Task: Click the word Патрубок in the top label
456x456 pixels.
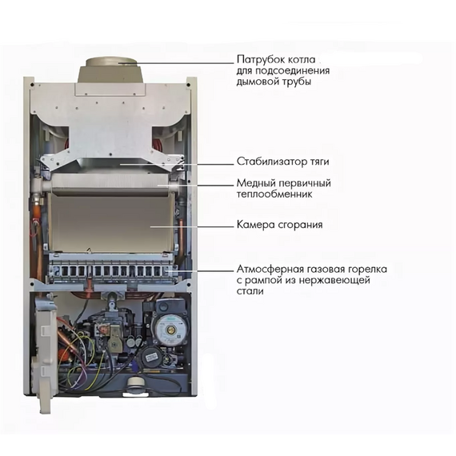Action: (261, 60)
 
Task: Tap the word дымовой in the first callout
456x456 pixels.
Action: (255, 82)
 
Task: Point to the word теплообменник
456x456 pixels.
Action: (274, 194)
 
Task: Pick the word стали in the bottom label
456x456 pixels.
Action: (250, 291)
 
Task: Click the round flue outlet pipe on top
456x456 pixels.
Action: (110, 70)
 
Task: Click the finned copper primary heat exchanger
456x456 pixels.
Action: (110, 185)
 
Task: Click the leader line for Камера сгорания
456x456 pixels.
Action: (192, 226)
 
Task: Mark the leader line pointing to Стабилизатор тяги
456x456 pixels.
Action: (177, 164)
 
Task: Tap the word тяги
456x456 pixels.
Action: (317, 162)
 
